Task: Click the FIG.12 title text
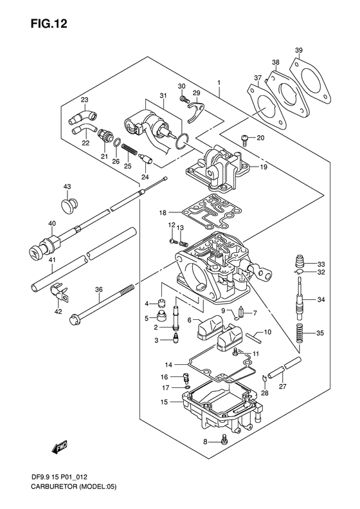(49, 24)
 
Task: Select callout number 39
(299, 50)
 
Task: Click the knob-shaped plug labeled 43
(69, 205)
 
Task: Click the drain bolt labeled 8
(224, 439)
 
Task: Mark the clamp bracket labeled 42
(60, 292)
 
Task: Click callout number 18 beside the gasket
(163, 212)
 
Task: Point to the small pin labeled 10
(253, 337)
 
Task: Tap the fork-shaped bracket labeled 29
(197, 111)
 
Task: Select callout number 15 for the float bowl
(164, 402)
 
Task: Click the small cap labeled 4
(162, 304)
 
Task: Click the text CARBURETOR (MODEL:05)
(73, 495)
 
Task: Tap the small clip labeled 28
(264, 378)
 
